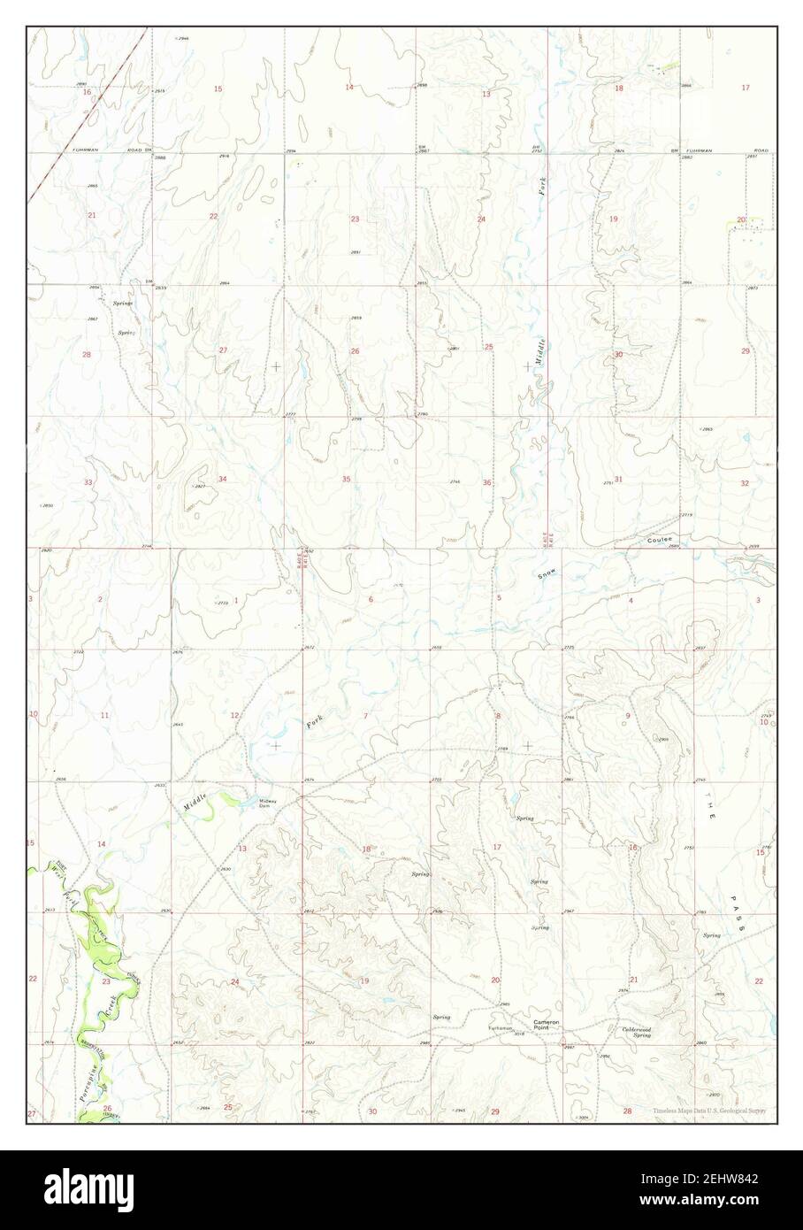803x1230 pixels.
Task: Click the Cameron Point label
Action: coord(547,1025)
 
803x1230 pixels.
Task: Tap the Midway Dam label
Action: coord(267,803)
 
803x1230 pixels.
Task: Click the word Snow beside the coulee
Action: coord(547,574)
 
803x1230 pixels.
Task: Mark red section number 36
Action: coord(486,482)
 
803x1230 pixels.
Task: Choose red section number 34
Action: coord(222,479)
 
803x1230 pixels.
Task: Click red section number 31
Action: coord(618,479)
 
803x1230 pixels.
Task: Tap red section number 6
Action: coord(371,600)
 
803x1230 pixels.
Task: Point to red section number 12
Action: coord(234,715)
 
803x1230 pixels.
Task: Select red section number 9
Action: coord(628,715)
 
